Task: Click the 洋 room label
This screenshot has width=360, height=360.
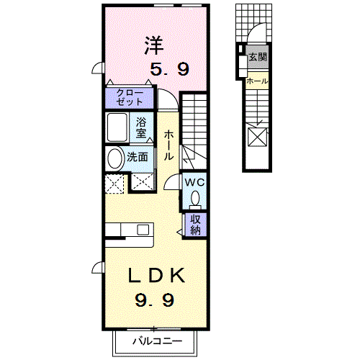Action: [153, 45]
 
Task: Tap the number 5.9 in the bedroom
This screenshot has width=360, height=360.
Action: [169, 70]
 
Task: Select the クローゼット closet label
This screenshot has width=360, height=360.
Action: [130, 97]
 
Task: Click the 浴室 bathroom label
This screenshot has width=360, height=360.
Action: [141, 127]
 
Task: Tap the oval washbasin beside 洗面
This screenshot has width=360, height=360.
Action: [114, 158]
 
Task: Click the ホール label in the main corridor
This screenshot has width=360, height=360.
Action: [168, 145]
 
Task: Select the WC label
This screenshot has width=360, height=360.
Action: [196, 182]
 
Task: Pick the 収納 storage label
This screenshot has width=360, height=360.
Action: [196, 225]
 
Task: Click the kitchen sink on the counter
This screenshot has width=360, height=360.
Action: [143, 230]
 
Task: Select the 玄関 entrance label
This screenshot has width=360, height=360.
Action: [257, 55]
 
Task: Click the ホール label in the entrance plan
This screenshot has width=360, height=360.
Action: [257, 81]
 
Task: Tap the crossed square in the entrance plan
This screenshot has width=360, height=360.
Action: [256, 136]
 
